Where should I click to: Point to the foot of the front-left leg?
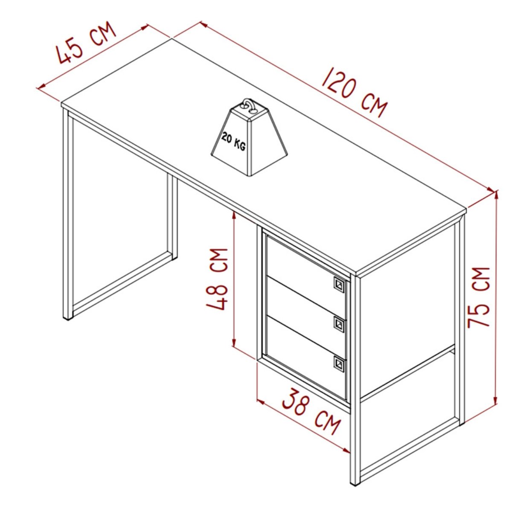[68, 318]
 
